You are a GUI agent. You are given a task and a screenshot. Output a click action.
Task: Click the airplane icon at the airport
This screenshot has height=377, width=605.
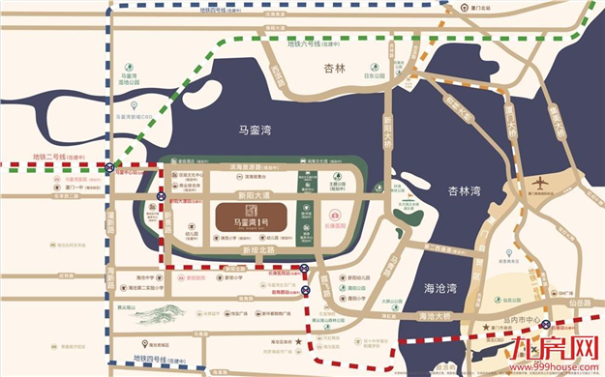(x=540, y=184)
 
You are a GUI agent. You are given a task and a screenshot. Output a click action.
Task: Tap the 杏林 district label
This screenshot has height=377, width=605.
(x=335, y=70)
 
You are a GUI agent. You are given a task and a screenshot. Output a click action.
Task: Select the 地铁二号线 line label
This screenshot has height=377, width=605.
(x=54, y=156)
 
